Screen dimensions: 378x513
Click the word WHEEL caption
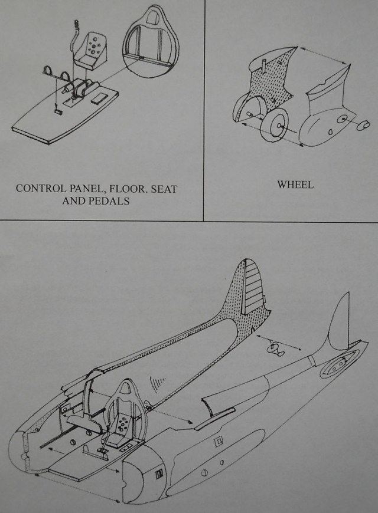pos(295,185)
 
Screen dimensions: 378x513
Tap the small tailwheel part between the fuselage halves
pos(275,348)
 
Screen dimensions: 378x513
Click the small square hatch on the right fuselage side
pos(218,439)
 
